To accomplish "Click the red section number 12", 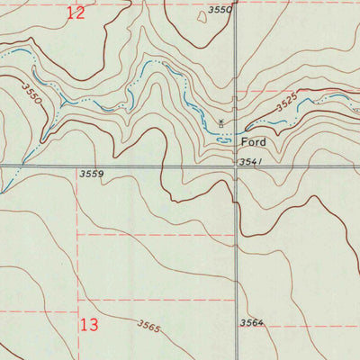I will (x=76, y=13).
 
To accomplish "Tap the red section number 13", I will (x=89, y=324).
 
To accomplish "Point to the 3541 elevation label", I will (x=251, y=162).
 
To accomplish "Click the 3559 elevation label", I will (x=92, y=174).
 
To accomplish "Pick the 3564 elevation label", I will (x=252, y=322).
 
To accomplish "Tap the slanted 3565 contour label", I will (x=148, y=327).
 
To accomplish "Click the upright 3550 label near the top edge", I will (x=219, y=10).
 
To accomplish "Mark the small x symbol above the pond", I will (x=221, y=121).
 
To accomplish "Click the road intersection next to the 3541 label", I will (x=236, y=166).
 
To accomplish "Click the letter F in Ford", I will (x=242, y=142).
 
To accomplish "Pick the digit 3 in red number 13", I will (x=94, y=324).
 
